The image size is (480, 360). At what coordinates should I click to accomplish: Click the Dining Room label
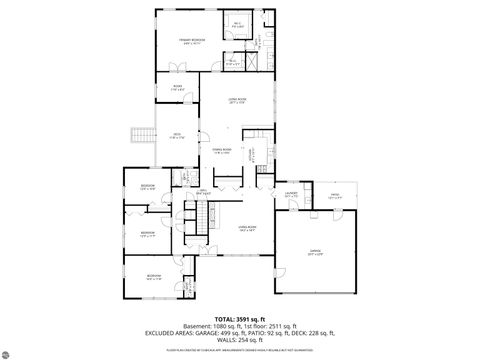point(221,150)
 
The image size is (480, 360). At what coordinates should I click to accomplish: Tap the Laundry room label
point(291,196)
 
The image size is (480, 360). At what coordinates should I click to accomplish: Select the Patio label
point(335,196)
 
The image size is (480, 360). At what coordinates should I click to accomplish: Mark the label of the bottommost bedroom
point(153,276)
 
